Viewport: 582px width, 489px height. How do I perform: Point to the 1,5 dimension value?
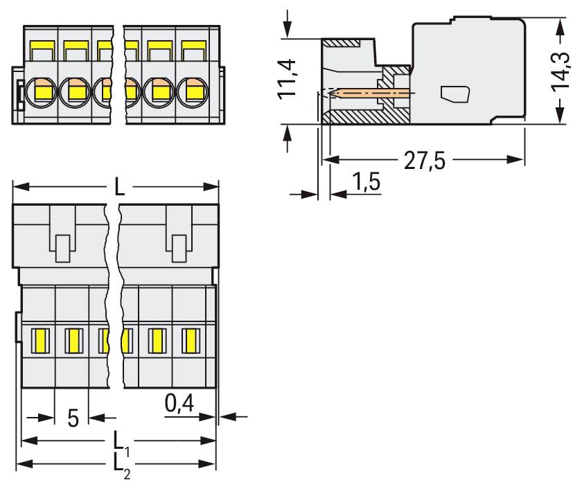(x=365, y=184)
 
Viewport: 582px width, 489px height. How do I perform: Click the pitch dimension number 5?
(x=73, y=418)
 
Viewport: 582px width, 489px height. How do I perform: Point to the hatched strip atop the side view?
(x=343, y=43)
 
